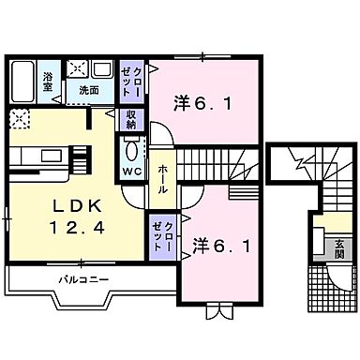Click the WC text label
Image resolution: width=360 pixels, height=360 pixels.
pyautogui.click(x=131, y=172)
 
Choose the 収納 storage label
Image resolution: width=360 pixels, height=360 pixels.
pyautogui.click(x=131, y=119)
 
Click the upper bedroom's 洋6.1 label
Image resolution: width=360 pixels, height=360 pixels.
pyautogui.click(x=198, y=103)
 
